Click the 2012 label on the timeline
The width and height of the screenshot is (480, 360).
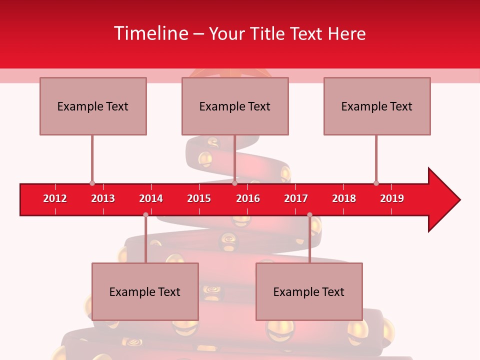coord(55,198)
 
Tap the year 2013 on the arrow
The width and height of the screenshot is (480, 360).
coord(103,198)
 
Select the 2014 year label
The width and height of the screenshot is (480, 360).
coord(151,198)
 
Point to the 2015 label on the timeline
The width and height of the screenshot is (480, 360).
coord(199,198)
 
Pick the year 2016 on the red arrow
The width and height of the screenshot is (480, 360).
coord(248,198)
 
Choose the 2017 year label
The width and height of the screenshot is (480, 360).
coord(296,198)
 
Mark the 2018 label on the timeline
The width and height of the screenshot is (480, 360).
coord(344,198)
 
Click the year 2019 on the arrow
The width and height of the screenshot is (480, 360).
coord(392,198)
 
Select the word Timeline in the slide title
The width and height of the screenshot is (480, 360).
coord(150,33)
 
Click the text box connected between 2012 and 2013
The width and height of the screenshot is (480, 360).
coord(93,106)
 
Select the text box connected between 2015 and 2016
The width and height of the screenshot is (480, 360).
coord(235,106)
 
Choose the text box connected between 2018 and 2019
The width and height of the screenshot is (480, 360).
coord(377,106)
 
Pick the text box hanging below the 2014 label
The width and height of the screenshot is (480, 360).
coord(145,291)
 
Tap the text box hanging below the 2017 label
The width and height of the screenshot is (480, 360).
coord(309,291)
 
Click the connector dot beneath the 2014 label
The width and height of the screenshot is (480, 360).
coord(145,215)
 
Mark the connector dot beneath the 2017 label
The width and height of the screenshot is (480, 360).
coord(309,215)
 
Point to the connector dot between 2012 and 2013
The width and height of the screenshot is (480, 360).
coord(92,183)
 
